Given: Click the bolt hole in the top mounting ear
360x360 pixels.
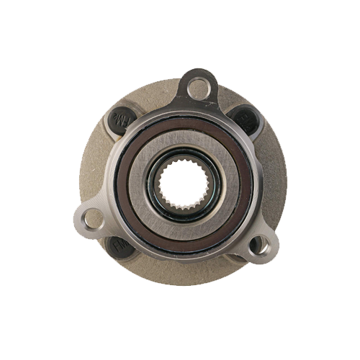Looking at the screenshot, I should coord(198,89).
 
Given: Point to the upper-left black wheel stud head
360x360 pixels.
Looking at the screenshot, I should coord(120,119).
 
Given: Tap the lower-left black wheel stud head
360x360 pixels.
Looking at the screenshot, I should coord(119,247).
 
